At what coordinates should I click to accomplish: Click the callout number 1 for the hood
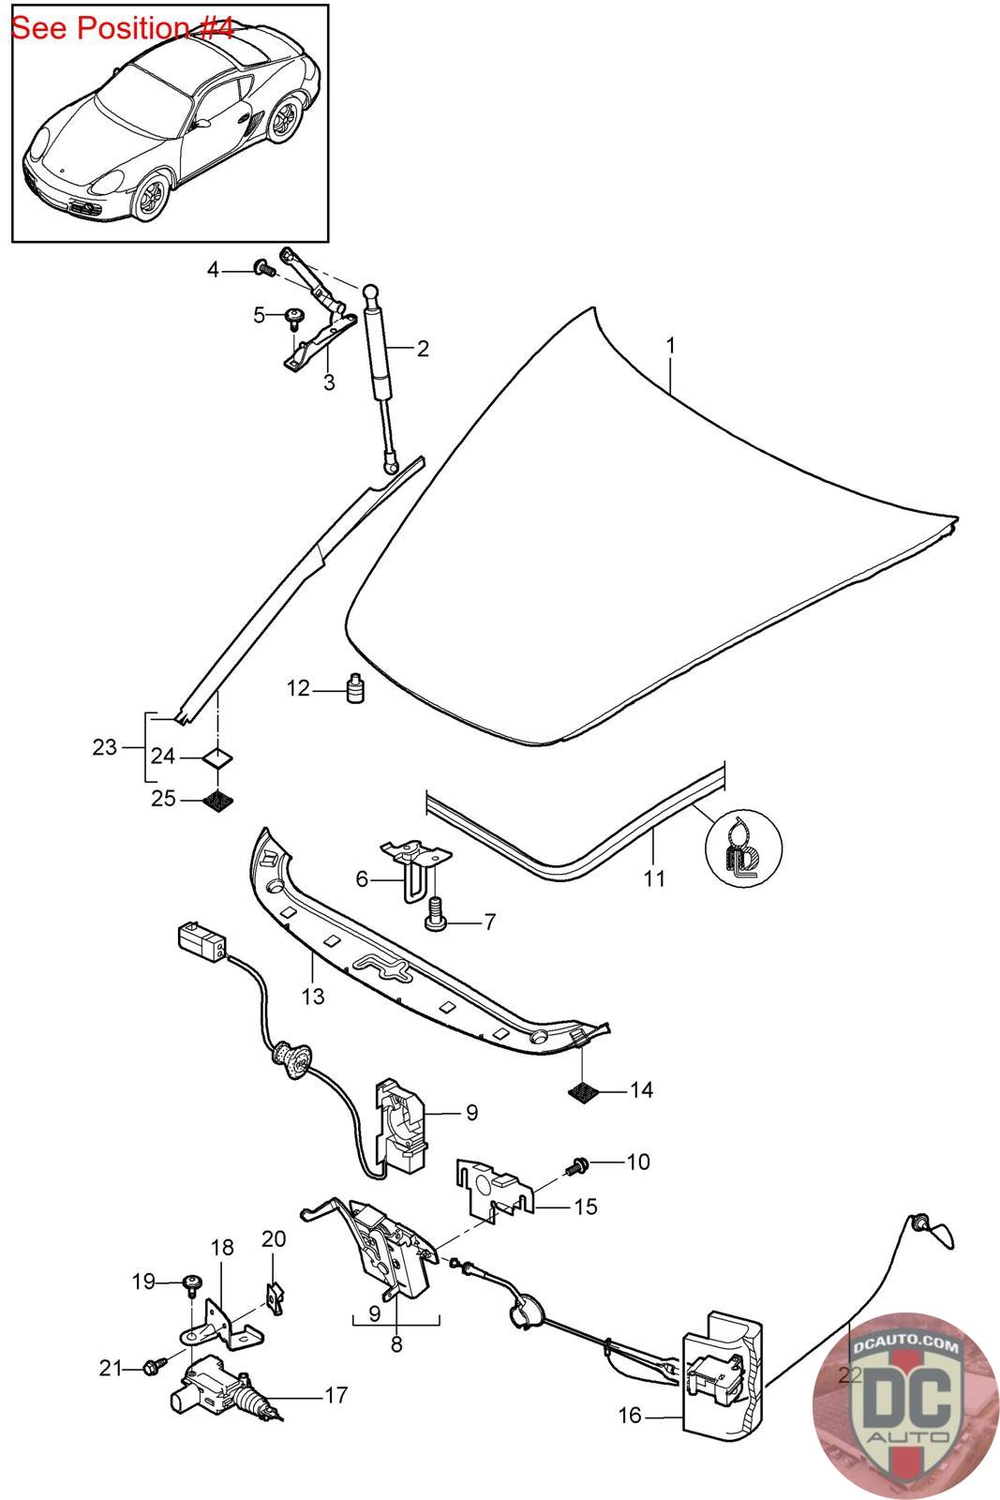pyautogui.click(x=670, y=346)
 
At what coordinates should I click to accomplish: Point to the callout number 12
pyautogui.click(x=298, y=689)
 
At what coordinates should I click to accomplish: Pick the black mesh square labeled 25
pyautogui.click(x=217, y=801)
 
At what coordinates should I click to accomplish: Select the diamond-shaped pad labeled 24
pyautogui.click(x=217, y=756)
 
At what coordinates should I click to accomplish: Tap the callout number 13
pyautogui.click(x=313, y=996)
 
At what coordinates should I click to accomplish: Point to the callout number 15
pyautogui.click(x=585, y=1207)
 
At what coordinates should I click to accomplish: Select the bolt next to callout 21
pyautogui.click(x=154, y=1369)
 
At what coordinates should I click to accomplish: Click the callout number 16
pyautogui.click(x=630, y=1415)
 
